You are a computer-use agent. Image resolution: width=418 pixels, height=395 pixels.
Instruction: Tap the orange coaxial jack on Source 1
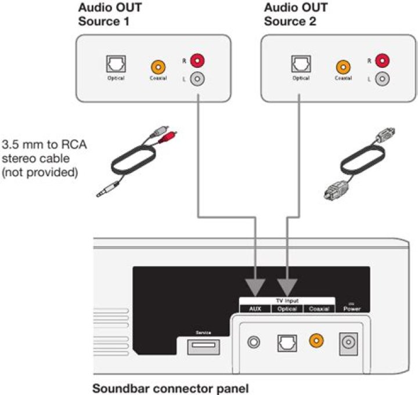[x=156, y=67]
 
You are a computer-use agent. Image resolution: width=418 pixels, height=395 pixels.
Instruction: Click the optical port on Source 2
[x=300, y=64]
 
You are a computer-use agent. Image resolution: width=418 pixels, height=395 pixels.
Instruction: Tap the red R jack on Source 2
[x=381, y=60]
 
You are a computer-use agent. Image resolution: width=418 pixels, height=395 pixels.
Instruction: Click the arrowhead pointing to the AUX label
[x=256, y=286]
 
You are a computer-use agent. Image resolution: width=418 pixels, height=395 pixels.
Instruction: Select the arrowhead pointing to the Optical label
[x=287, y=286]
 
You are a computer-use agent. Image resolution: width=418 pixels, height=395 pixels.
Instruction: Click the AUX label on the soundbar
[x=256, y=309]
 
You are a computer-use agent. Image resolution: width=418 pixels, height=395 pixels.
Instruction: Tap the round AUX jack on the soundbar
[x=254, y=342]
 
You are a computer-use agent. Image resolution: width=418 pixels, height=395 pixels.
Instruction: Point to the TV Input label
[x=287, y=301]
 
